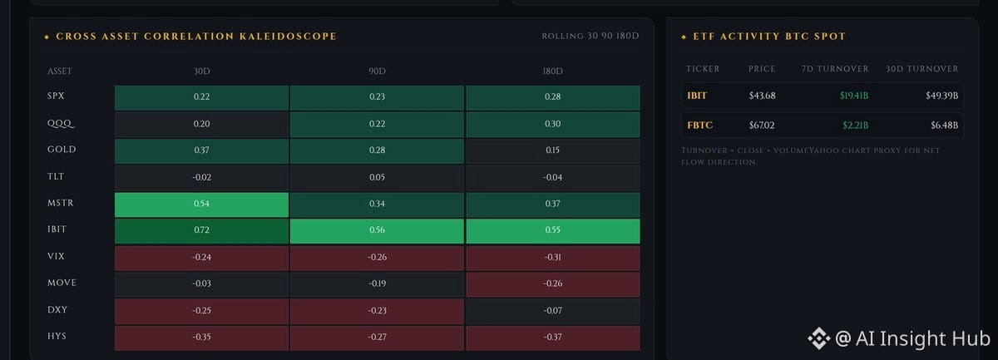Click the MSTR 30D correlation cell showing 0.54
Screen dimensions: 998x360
click(201, 205)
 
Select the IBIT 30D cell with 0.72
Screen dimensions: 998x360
click(201, 231)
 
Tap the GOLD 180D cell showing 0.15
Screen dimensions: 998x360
click(553, 151)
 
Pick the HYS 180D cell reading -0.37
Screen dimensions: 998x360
click(553, 338)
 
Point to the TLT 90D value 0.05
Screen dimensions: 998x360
click(377, 177)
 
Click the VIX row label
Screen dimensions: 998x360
click(57, 256)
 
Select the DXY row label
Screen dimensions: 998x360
click(57, 309)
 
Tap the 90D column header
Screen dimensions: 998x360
click(377, 72)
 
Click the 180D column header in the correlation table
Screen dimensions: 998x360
click(552, 72)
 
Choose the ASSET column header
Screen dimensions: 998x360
click(60, 72)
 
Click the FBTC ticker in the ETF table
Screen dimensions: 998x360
click(700, 126)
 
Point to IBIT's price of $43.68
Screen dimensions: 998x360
click(763, 96)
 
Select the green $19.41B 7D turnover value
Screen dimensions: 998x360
click(854, 96)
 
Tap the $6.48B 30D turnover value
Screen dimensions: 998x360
click(944, 126)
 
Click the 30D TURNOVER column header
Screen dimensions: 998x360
click(921, 69)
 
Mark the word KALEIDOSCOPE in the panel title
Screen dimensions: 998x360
click(288, 37)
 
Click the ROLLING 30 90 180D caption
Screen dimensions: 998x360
click(590, 36)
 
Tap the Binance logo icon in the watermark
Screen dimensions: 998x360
click(819, 338)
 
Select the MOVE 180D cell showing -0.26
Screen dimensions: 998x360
click(553, 284)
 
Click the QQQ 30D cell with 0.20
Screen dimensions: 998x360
click(201, 125)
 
